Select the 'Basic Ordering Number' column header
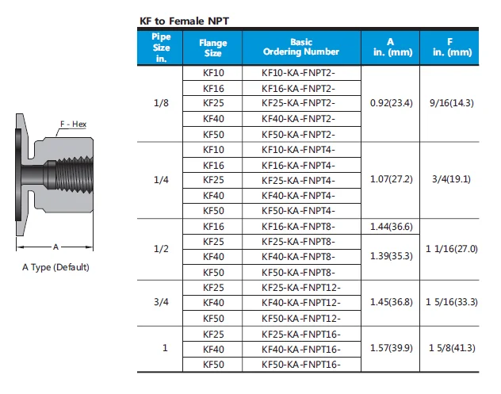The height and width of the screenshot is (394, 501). pyautogui.click(x=301, y=47)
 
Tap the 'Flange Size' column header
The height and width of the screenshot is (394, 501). pyautogui.click(x=212, y=48)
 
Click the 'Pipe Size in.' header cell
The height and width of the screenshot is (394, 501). pyautogui.click(x=161, y=48)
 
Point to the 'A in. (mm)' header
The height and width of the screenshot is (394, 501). pyautogui.click(x=390, y=47)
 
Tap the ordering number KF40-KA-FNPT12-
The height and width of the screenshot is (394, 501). pyautogui.click(x=300, y=303)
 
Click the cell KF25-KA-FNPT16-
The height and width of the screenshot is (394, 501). pyautogui.click(x=300, y=334)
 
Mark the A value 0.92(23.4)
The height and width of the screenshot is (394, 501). pyautogui.click(x=391, y=103)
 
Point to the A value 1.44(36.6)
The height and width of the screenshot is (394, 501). pyautogui.click(x=391, y=226)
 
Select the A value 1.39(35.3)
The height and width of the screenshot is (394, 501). pyautogui.click(x=391, y=257)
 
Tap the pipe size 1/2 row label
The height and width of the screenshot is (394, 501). pyautogui.click(x=161, y=249)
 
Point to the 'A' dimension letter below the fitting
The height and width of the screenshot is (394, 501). pyautogui.click(x=56, y=247)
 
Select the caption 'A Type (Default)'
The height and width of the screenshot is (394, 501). pyautogui.click(x=55, y=267)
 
